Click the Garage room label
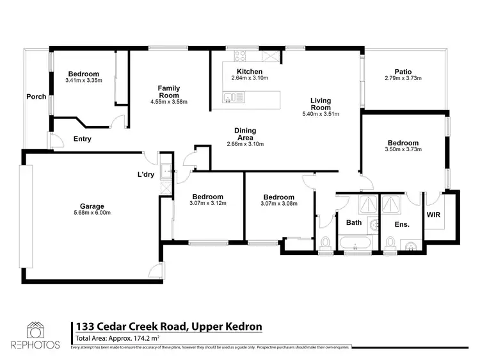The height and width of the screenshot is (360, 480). (x=92, y=206)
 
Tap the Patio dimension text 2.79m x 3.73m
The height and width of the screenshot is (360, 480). (x=403, y=78)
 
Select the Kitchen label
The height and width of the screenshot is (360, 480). (x=250, y=71)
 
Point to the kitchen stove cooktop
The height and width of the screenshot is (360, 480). (x=240, y=56)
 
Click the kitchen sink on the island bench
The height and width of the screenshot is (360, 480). (x=233, y=97)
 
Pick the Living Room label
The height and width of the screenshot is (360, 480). (x=321, y=104)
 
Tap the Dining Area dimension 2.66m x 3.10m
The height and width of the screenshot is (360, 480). (x=245, y=144)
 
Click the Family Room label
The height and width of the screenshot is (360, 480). (x=169, y=92)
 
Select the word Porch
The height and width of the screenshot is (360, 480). (x=36, y=97)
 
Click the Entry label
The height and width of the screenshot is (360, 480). (x=83, y=139)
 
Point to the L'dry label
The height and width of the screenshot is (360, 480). (x=146, y=174)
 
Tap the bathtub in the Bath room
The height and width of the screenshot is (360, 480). (x=355, y=243)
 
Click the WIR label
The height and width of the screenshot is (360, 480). (x=433, y=215)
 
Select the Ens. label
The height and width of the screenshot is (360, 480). (x=402, y=225)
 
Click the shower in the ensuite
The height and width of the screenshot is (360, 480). (x=390, y=204)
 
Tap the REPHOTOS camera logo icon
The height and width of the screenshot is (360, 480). (x=35, y=331)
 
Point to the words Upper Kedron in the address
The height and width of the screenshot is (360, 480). (x=227, y=326)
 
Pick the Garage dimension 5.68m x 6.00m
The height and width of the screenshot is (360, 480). (x=92, y=213)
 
